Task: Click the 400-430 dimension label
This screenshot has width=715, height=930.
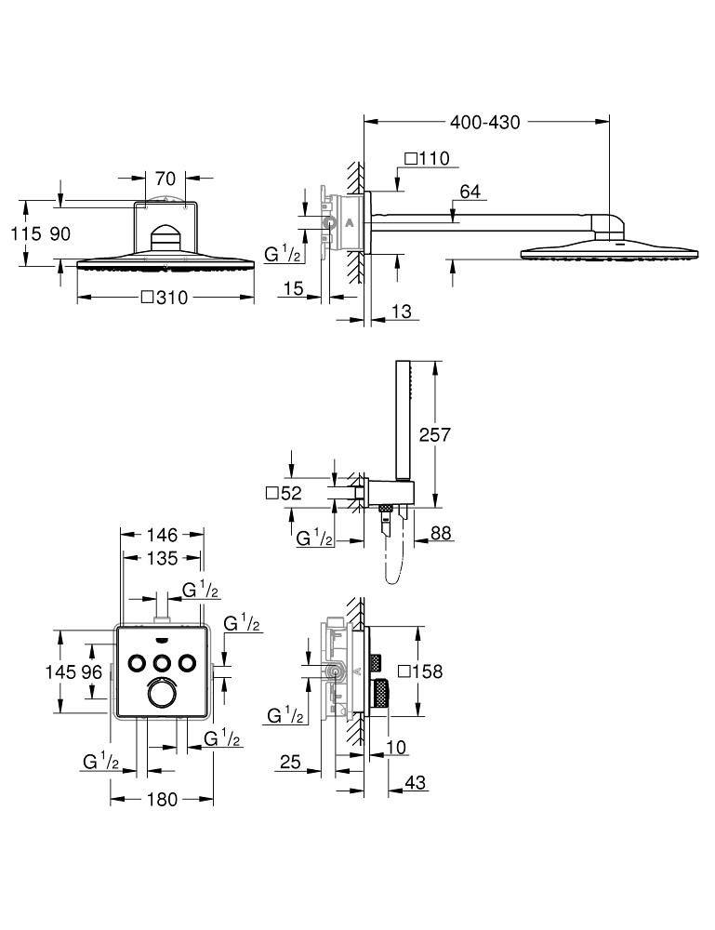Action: tap(483, 122)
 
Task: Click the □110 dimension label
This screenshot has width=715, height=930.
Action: tap(427, 158)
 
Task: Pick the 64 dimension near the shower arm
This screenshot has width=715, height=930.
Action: tap(470, 192)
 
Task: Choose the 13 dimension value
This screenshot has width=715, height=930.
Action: tap(401, 312)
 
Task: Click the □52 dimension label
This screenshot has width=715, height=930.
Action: tap(285, 495)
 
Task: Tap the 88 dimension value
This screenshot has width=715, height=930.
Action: tap(443, 534)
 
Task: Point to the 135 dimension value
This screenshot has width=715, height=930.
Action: tap(162, 559)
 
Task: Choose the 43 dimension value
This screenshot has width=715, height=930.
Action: tap(416, 784)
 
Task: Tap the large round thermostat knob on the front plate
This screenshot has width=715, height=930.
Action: tap(162, 695)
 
